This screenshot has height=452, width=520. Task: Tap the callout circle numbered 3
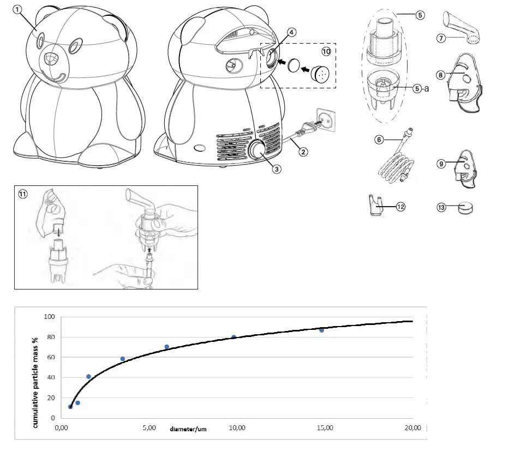pyautogui.click(x=277, y=169)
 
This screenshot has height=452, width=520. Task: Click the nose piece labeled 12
pyautogui.click(x=375, y=206)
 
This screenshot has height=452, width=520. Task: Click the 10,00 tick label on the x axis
pyautogui.click(x=236, y=428)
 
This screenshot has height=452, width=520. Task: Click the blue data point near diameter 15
pyautogui.click(x=321, y=330)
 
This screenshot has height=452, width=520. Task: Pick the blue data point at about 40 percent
pyautogui.click(x=88, y=376)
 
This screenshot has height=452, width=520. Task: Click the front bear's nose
pyautogui.click(x=51, y=59)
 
